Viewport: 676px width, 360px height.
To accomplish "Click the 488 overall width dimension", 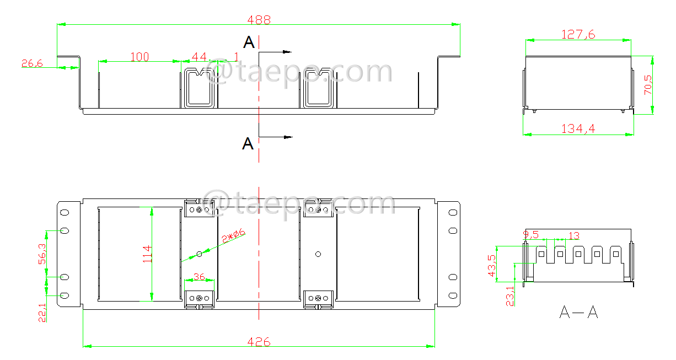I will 259,19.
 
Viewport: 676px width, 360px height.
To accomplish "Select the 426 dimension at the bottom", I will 259,342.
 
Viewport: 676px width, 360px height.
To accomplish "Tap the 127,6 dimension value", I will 578,34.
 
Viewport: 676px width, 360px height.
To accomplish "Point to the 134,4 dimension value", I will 578,128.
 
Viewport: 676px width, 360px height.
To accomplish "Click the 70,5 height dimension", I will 648,85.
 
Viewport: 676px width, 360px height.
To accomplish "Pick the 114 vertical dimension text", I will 147,254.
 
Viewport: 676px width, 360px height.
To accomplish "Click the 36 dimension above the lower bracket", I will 198,277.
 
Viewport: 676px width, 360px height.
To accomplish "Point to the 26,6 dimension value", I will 32,63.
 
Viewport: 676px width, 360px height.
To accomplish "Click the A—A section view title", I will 578,313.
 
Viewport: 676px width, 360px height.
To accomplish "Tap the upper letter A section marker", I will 249,42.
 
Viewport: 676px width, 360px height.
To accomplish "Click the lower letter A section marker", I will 248,144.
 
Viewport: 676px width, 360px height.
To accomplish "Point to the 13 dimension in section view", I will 573,236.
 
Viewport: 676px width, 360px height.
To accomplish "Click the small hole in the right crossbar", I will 318,254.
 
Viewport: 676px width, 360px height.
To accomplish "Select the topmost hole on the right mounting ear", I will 453,212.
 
